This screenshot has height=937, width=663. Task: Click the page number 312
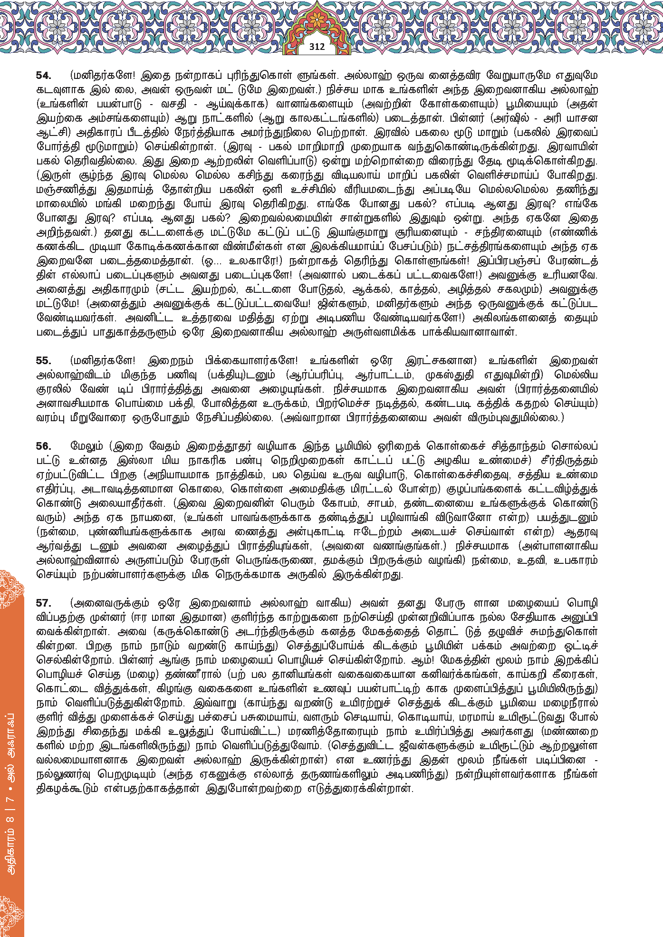[x=317, y=47]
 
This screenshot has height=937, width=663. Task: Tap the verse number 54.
[x=44, y=76]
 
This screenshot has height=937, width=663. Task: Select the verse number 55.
[x=44, y=361]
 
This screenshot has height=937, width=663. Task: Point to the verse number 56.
[x=44, y=446]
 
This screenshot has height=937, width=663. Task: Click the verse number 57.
[x=44, y=603]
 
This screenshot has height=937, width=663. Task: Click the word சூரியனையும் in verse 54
[x=426, y=232]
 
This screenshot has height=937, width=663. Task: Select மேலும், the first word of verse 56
[x=86, y=446]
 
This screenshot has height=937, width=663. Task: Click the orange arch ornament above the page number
[x=317, y=21]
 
